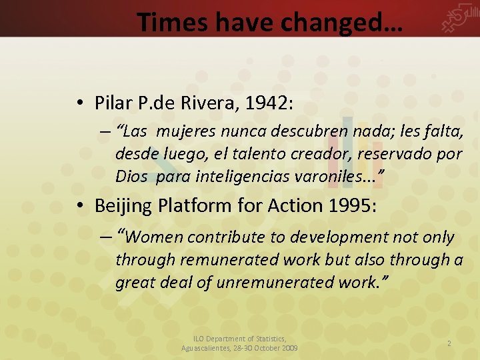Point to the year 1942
pos(267,103)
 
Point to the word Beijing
pos(123,206)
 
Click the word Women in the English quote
pos(154,237)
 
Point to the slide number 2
pos(449,343)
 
